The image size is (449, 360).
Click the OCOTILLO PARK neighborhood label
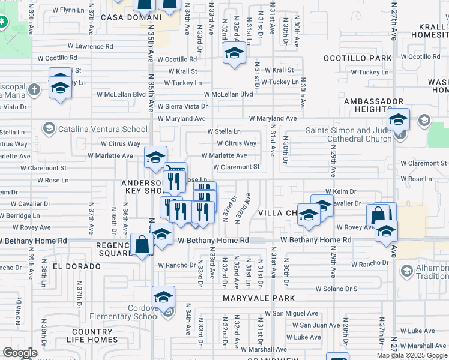click(x=357, y=59)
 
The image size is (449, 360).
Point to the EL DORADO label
click(x=76, y=266)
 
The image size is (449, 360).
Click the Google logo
click(x=20, y=353)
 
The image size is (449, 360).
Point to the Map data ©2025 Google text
click(x=411, y=355)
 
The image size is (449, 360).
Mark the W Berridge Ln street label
click(x=20, y=215)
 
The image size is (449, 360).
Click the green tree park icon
click(x=3, y=22)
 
